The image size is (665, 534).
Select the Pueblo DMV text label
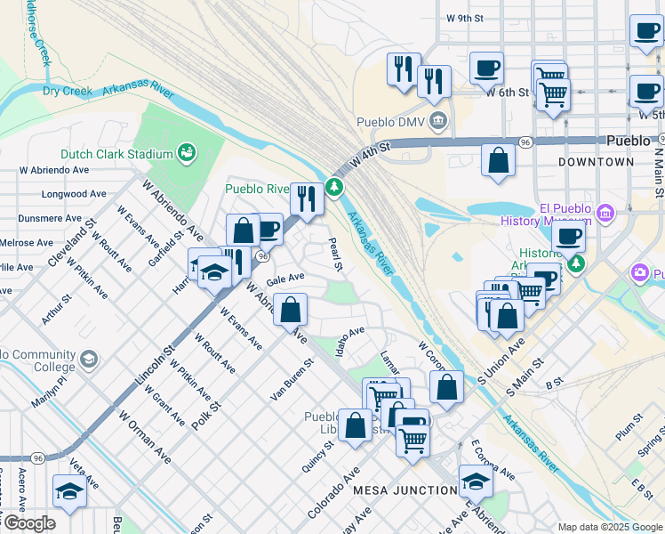tap(392, 122)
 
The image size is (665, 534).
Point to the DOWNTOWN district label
tap(597, 162)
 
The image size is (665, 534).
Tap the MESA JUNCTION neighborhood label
tap(405, 490)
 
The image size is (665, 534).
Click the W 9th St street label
tap(465, 18)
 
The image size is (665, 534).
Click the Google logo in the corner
tap(28, 522)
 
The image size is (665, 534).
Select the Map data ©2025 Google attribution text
tap(609, 527)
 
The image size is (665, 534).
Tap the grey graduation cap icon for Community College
tap(88, 359)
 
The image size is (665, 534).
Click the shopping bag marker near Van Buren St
tap(291, 311)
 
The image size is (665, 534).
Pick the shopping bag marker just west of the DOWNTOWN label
tap(499, 160)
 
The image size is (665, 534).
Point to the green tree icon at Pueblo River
tap(335, 186)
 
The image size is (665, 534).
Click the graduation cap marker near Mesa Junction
tap(476, 481)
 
